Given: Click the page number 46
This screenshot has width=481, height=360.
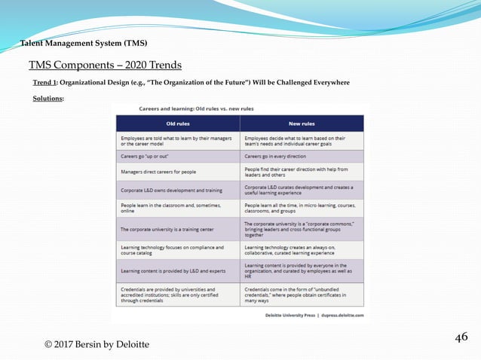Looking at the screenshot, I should click(x=461, y=337).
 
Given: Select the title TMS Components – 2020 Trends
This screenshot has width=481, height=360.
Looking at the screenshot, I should click(x=105, y=66).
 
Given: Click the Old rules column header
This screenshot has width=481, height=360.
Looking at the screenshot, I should click(x=177, y=124).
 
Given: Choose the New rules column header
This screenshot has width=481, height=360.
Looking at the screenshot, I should click(x=302, y=124).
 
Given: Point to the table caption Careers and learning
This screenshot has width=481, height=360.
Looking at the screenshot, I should click(x=196, y=108).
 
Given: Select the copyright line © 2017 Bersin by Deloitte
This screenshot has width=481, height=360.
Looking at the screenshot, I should click(x=97, y=344).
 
